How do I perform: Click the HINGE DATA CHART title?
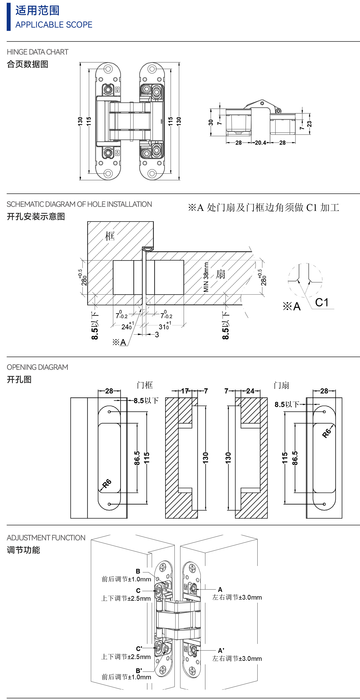tap(37, 52)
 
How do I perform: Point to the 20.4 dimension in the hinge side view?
tap(260, 143)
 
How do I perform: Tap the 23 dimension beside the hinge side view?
tap(309, 124)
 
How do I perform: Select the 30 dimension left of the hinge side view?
tap(211, 122)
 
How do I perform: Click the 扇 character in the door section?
tap(221, 274)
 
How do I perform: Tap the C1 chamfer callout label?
tap(322, 302)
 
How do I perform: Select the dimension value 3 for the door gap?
tap(157, 334)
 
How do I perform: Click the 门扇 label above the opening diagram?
tap(281, 385)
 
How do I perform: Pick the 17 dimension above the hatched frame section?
tap(185, 391)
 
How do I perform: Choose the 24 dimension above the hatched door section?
tap(250, 391)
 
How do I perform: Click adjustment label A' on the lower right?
tap(221, 651)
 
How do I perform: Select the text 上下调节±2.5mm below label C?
tap(126, 598)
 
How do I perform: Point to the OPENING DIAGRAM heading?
tap(37, 367)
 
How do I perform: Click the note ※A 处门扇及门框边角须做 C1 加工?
tap(263, 208)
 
